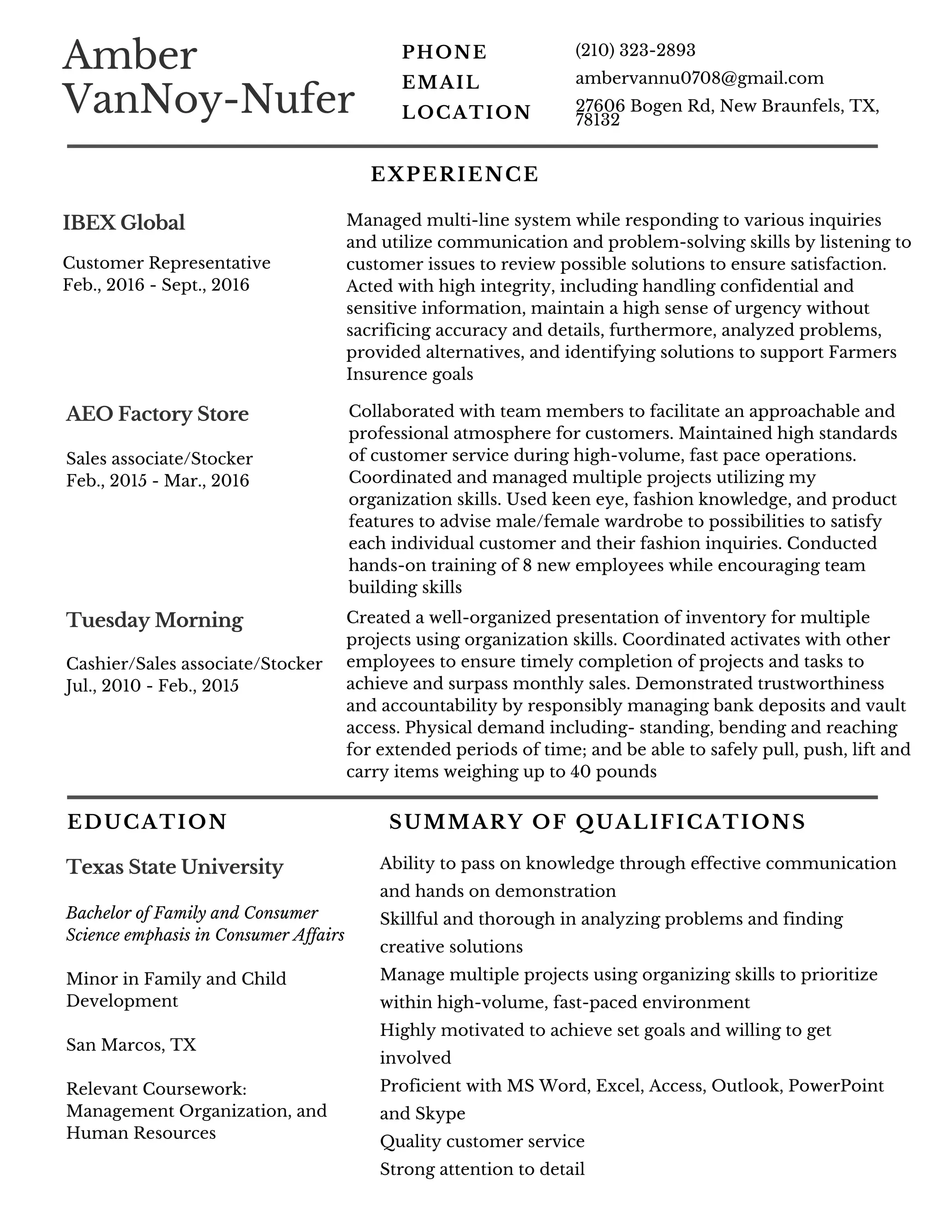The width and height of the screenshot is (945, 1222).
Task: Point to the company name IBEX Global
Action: tap(124, 223)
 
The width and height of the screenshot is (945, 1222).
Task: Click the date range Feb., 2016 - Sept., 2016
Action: tap(156, 285)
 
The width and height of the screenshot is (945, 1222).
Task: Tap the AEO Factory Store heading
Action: tap(157, 414)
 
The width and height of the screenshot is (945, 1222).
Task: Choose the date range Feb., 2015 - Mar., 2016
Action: tap(158, 481)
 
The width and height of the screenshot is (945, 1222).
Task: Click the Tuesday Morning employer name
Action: tap(154, 620)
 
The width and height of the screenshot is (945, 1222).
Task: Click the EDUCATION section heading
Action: tap(147, 822)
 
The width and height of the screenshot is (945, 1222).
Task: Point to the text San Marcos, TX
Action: tap(132, 1045)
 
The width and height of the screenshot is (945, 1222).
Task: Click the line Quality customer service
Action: tap(482, 1141)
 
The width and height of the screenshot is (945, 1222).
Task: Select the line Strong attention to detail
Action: tap(482, 1169)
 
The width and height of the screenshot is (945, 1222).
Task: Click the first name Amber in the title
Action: tap(130, 56)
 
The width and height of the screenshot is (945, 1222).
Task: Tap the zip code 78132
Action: tap(598, 120)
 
